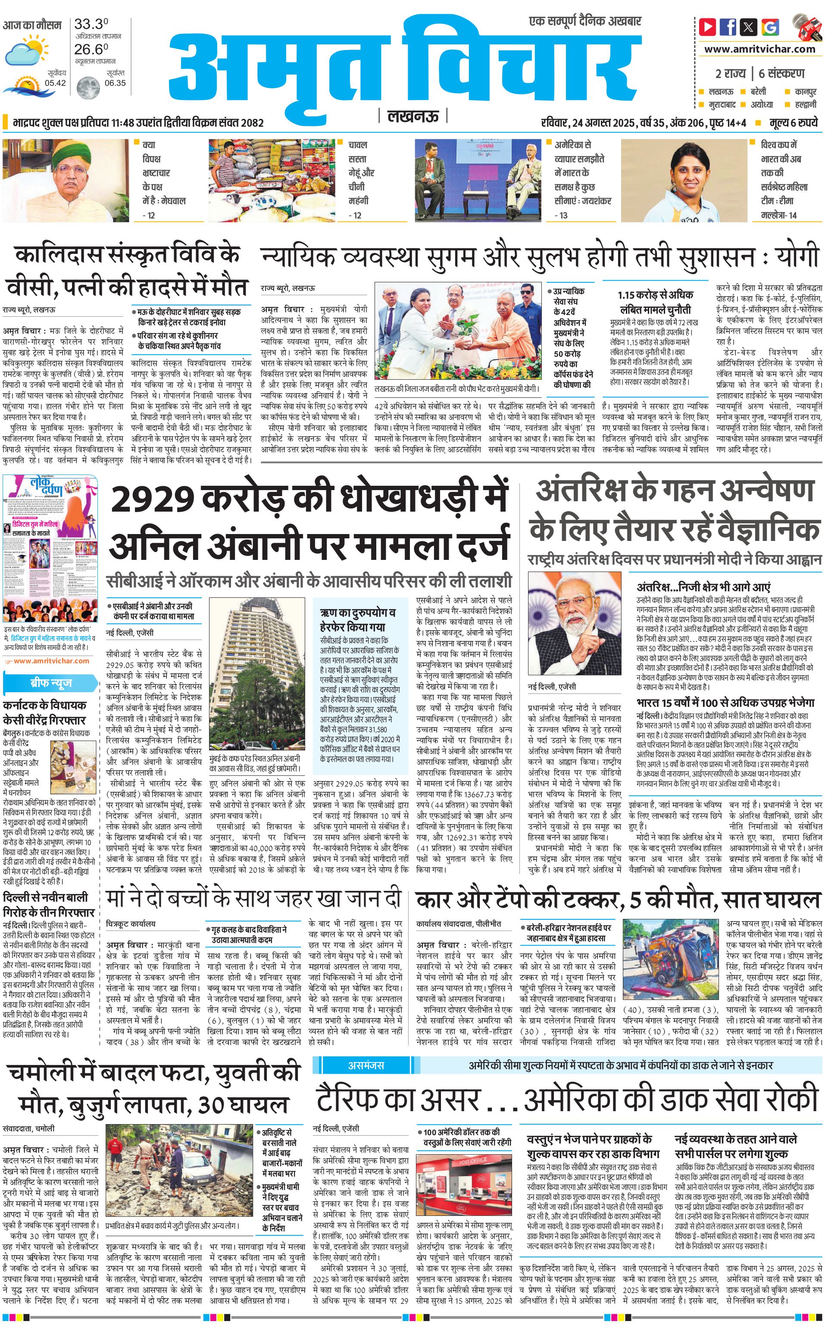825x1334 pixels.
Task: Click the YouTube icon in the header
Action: [x=708, y=27]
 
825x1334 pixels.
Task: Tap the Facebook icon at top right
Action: [x=728, y=27]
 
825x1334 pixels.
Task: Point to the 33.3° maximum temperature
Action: [x=91, y=25]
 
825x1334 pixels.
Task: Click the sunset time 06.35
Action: [x=115, y=83]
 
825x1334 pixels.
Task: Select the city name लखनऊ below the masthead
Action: [x=412, y=117]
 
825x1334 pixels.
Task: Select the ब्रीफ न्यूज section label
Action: [x=50, y=683]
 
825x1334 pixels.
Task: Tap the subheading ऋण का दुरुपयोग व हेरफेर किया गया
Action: [x=358, y=620]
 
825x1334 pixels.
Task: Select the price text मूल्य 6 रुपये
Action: [x=794, y=123]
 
